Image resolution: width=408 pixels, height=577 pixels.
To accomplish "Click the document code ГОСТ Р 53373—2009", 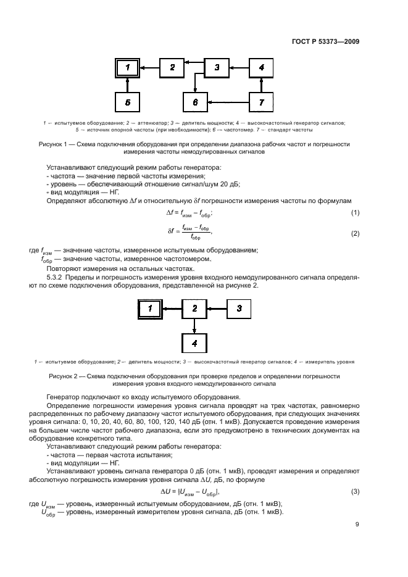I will pyautogui.click(x=325, y=42).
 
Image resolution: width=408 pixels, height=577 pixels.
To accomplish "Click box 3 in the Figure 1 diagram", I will pyautogui.click(x=217, y=67).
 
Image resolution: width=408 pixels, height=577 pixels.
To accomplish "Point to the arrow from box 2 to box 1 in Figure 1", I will pyautogui.click(x=150, y=67).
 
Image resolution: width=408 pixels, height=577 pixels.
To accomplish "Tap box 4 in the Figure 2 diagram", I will pyautogui.click(x=194, y=342).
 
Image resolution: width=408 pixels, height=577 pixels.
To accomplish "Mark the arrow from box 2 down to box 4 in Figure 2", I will pyautogui.click(x=194, y=326).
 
